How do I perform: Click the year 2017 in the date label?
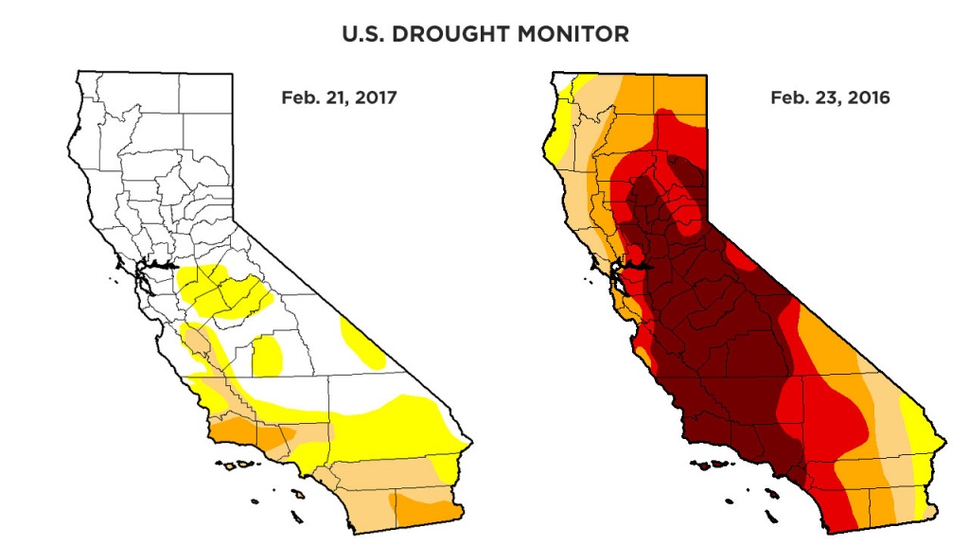(x=377, y=97)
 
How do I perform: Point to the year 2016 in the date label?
(x=869, y=97)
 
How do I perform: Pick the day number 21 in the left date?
(x=336, y=97)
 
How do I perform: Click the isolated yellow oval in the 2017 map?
(x=268, y=355)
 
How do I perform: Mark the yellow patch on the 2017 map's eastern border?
(x=361, y=345)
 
